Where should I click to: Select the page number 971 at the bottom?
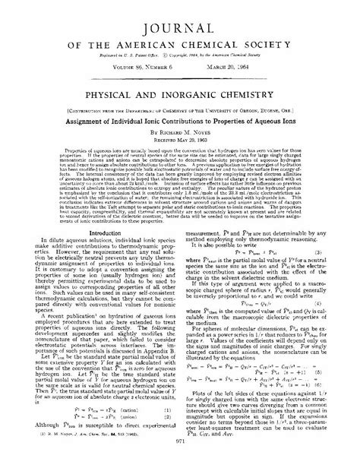click(x=180, y=462)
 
